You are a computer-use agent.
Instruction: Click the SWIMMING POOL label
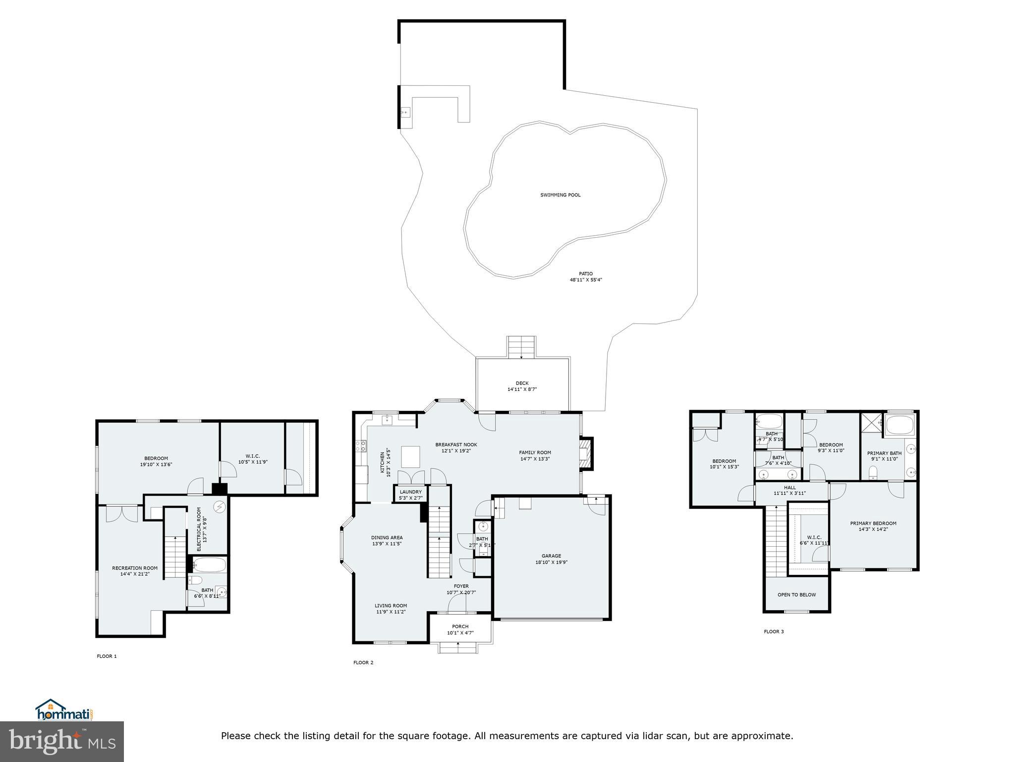click(560, 195)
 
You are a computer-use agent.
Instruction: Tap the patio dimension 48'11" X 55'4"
click(585, 280)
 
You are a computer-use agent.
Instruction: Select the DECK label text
click(522, 383)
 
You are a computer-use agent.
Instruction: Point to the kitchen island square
click(411, 456)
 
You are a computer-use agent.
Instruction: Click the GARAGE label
click(551, 556)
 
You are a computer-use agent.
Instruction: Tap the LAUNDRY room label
click(410, 492)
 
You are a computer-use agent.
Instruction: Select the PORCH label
click(460, 627)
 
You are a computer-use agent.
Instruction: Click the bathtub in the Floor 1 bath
click(209, 565)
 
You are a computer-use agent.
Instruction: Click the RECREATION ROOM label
click(135, 568)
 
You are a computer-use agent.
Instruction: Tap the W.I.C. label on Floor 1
click(253, 456)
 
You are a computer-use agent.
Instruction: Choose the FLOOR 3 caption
click(774, 632)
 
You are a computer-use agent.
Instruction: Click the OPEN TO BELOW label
click(796, 595)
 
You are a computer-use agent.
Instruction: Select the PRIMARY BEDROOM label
click(873, 523)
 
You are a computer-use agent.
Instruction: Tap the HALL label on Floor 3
click(790, 488)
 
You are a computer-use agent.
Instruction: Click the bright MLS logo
click(62, 741)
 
